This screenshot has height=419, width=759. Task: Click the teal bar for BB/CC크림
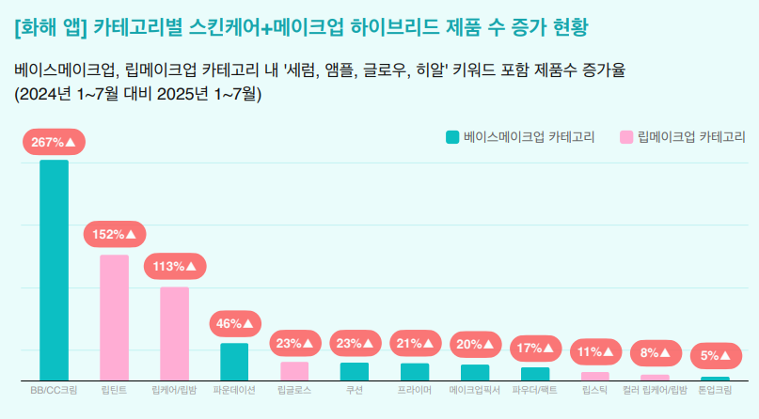[x=54, y=271]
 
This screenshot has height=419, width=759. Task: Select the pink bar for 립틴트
[x=114, y=318]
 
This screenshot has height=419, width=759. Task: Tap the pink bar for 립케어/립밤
[x=174, y=334]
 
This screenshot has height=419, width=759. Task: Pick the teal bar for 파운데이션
[x=234, y=362]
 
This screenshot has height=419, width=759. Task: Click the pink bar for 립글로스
[x=294, y=371]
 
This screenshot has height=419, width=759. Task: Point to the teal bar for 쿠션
[x=355, y=371]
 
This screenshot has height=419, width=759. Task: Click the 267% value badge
[x=54, y=143]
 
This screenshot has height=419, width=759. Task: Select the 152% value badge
[x=114, y=234]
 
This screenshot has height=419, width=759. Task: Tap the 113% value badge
[x=174, y=266]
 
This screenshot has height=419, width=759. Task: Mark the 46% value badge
[x=234, y=324]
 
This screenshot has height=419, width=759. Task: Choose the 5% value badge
[x=715, y=356]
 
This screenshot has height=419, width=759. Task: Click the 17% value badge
[x=535, y=349]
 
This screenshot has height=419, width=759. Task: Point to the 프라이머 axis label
[x=415, y=389]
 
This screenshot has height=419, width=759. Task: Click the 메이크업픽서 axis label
[x=475, y=389]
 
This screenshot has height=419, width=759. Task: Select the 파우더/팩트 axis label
[x=535, y=389]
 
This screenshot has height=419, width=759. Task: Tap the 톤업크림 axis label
[x=715, y=389]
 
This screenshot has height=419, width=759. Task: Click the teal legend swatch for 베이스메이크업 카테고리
[x=452, y=137]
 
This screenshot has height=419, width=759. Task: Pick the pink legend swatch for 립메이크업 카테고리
[x=626, y=137]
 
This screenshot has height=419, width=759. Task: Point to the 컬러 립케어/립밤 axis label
[x=656, y=389]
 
